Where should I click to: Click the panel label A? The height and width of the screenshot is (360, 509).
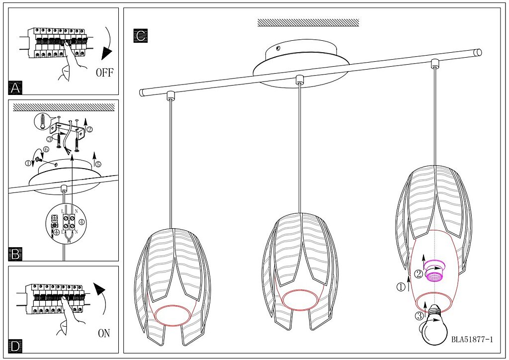pyautogui.click(x=15, y=88)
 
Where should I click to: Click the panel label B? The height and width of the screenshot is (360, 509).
pyautogui.click(x=15, y=254)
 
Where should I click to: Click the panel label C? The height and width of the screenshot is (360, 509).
pyautogui.click(x=141, y=36)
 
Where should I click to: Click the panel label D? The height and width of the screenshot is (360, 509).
pyautogui.click(x=15, y=346)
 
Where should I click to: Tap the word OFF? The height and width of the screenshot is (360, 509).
pyautogui.click(x=105, y=73)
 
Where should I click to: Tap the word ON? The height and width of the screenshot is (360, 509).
pyautogui.click(x=104, y=333)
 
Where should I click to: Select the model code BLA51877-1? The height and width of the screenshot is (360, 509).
pyautogui.click(x=472, y=340)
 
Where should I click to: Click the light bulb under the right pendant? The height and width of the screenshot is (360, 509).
pyautogui.click(x=435, y=325)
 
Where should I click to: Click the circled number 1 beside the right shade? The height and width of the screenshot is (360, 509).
pyautogui.click(x=401, y=287)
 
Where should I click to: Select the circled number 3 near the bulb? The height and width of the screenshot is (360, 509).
pyautogui.click(x=419, y=316)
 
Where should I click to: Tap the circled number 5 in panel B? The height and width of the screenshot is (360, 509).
pyautogui.click(x=98, y=164)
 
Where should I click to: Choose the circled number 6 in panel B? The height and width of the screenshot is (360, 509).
pyautogui.click(x=46, y=149)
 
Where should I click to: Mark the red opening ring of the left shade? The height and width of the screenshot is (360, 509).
pyautogui.click(x=172, y=316)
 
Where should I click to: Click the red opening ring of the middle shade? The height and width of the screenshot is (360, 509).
pyautogui.click(x=300, y=299)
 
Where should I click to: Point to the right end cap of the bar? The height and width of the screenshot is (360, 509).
pyautogui.click(x=478, y=53)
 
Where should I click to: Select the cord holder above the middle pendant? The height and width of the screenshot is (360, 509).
pyautogui.click(x=300, y=80)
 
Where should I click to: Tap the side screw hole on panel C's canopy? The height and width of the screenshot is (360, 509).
pyautogui.click(x=278, y=49)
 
